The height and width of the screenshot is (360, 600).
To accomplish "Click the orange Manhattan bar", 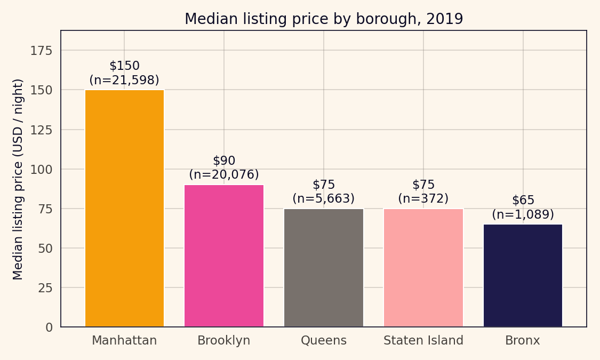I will (x=124, y=208).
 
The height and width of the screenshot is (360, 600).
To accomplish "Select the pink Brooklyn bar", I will (x=224, y=255).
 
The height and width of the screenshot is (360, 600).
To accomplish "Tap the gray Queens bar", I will (x=324, y=267).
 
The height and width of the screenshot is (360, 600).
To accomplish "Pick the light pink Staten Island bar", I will (x=423, y=267).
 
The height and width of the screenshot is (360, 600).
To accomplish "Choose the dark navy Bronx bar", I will (x=523, y=275).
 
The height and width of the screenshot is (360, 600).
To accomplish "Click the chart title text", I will (x=324, y=19).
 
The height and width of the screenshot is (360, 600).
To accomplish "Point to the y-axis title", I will (x=19, y=179).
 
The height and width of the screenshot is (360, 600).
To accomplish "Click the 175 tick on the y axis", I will (x=41, y=51).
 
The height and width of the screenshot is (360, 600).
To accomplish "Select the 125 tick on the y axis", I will (x=41, y=130).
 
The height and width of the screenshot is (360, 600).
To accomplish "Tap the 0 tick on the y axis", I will (x=49, y=327).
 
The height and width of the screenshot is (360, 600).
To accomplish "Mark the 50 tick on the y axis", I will (x=45, y=248).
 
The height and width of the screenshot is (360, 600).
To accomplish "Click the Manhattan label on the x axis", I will (x=124, y=340).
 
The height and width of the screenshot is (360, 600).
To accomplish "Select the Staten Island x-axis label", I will (x=423, y=340).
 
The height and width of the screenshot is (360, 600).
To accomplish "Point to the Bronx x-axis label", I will (x=523, y=340).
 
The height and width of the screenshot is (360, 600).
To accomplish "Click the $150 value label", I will (x=124, y=66).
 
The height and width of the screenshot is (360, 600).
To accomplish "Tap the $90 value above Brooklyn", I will (x=224, y=161).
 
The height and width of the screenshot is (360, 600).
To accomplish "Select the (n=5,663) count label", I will (x=324, y=198).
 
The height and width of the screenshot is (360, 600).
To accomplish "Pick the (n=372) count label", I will (x=423, y=198).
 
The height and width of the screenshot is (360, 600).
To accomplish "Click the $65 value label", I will (x=523, y=200).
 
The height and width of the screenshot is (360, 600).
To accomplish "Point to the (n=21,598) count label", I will (x=124, y=80).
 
